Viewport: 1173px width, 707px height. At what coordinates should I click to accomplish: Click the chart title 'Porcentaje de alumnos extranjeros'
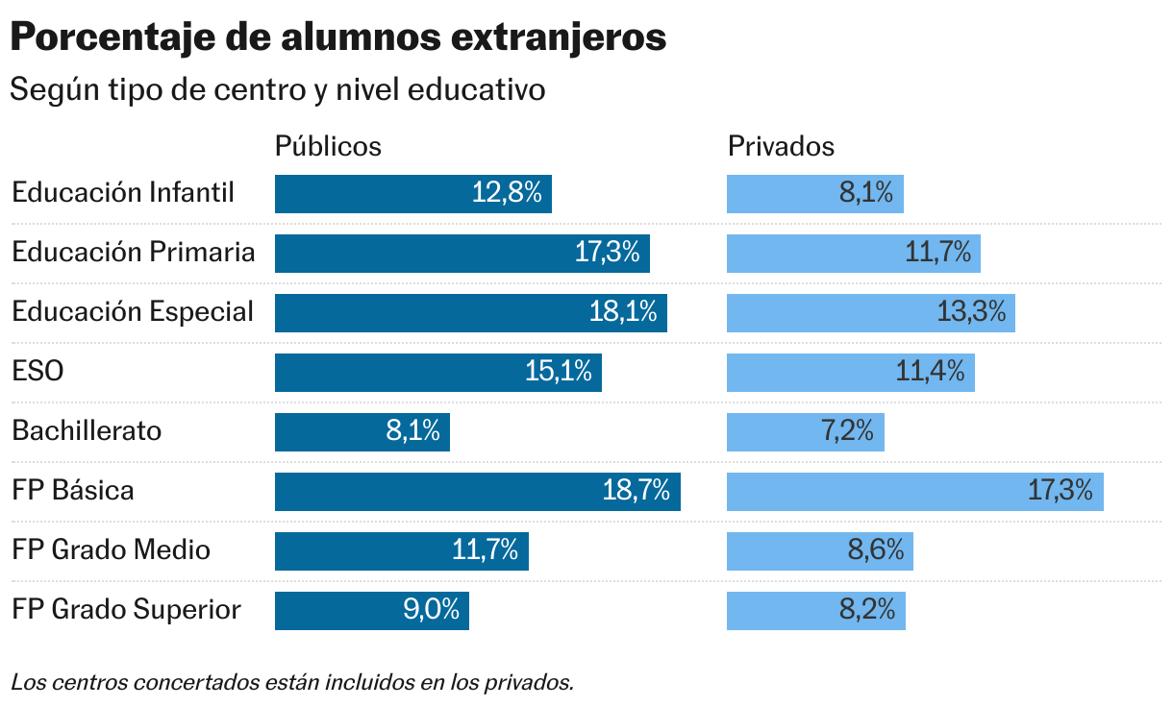(337, 38)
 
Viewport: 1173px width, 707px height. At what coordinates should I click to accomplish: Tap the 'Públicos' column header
(328, 146)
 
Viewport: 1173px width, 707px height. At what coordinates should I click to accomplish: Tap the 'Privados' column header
(781, 146)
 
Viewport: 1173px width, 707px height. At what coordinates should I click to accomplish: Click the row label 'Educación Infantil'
(123, 192)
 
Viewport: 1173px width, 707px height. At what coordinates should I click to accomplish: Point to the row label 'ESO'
(37, 371)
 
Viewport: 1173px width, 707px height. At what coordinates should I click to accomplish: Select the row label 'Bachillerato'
(87, 430)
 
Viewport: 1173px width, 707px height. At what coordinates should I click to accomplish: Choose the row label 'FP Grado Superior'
(126, 609)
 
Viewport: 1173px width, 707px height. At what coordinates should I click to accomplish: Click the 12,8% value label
(507, 193)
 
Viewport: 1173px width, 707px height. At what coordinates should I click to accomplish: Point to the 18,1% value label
(623, 312)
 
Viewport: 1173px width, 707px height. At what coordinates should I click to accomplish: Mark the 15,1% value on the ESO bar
(558, 372)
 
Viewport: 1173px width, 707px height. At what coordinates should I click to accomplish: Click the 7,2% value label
(847, 431)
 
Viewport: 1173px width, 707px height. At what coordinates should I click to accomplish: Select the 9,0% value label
(431, 610)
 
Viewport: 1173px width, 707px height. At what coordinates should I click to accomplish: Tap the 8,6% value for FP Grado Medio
(876, 550)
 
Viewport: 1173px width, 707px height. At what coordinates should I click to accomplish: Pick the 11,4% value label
(930, 372)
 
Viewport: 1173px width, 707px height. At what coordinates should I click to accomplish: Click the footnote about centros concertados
(292, 683)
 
